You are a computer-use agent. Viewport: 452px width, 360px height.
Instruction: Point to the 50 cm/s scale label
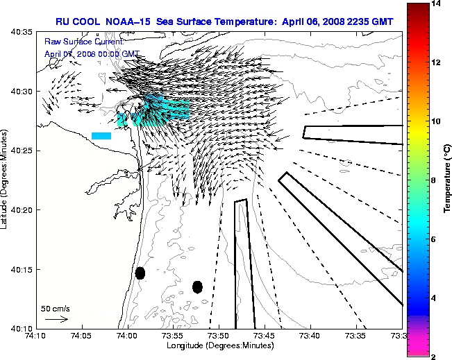coord(55,308)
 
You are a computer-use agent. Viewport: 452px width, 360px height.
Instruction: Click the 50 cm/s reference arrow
coord(56,319)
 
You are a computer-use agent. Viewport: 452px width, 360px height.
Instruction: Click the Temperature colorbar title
coord(448,180)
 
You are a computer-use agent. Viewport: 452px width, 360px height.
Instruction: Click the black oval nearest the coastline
coord(140,273)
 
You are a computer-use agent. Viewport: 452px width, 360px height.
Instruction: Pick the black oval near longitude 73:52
coord(197,286)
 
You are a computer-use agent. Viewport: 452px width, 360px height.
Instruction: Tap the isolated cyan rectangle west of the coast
coord(101,135)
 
